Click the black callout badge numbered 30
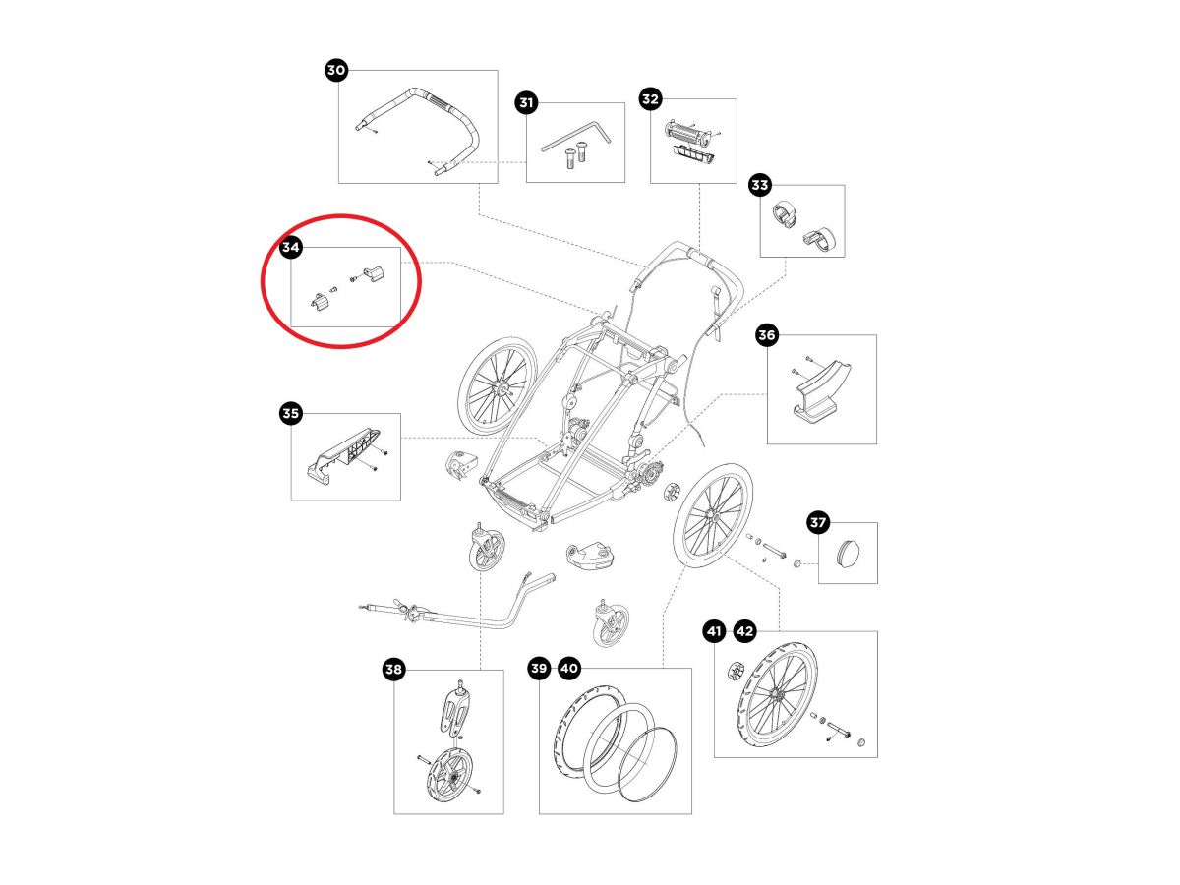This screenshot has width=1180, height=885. [x=336, y=70]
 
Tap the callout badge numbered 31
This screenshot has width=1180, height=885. [x=526, y=102]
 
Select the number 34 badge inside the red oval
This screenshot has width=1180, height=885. [x=290, y=247]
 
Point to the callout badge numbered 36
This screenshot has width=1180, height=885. [x=766, y=334]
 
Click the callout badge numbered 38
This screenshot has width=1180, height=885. [x=393, y=669]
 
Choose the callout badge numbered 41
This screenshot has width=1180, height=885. [x=714, y=631]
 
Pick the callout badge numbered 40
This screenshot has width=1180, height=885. [x=569, y=668]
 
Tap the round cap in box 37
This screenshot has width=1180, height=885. [x=849, y=552]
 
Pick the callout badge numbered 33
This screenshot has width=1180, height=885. [x=759, y=185]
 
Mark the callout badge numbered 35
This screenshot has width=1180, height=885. [x=290, y=413]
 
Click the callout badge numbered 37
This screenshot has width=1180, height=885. [x=818, y=522]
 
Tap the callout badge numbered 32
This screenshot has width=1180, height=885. [x=650, y=99]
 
